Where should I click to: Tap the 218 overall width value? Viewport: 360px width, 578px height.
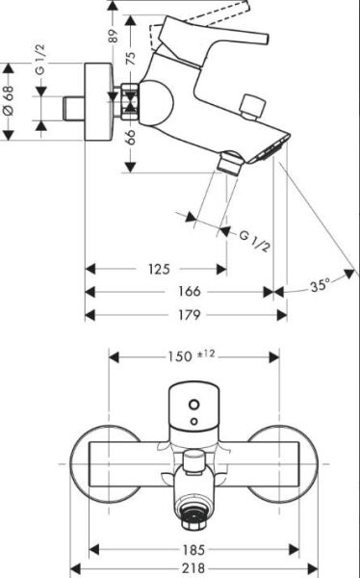coord(197,569)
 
